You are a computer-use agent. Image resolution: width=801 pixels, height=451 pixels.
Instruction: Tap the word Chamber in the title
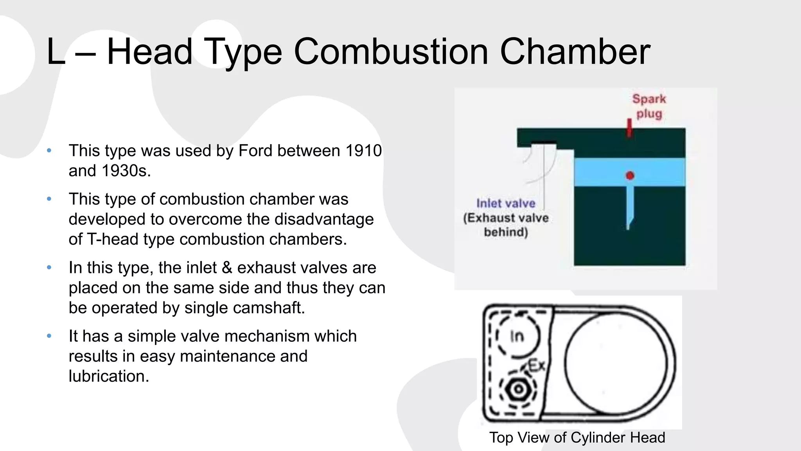coord(575,52)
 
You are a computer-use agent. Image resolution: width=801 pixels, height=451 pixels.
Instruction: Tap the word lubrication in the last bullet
coord(109,376)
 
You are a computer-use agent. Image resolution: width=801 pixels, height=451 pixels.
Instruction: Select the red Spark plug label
coord(649,106)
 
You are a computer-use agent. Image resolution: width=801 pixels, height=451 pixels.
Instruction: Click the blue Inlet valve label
coord(506,203)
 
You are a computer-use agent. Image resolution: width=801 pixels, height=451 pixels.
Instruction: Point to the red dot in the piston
coord(630,175)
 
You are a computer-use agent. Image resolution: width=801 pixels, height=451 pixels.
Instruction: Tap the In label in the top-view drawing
coord(517,336)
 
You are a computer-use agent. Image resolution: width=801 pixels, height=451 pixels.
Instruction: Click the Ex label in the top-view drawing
coord(537,366)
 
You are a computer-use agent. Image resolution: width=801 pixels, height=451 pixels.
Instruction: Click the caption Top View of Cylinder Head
coord(577,438)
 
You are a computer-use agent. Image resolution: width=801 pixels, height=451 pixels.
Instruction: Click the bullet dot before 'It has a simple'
coord(49,336)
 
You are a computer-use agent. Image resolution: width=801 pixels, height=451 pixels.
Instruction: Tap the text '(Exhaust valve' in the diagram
coord(506,218)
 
